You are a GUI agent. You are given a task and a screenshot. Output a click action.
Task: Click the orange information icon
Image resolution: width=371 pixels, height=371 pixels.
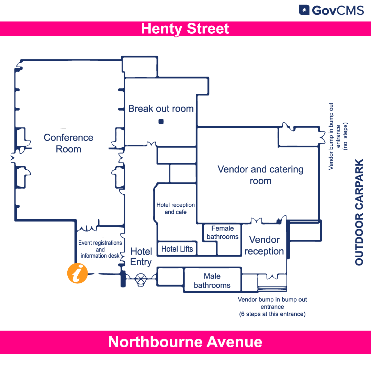pyautogui.click(x=78, y=273)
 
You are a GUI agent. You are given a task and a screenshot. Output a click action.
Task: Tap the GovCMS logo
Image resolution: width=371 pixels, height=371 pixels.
pyautogui.click(x=331, y=10)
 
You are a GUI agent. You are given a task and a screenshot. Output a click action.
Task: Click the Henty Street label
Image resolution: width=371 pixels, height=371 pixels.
pyautogui.click(x=185, y=29)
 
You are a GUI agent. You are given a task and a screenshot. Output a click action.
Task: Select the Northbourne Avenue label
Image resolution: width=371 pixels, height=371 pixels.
pyautogui.click(x=185, y=342)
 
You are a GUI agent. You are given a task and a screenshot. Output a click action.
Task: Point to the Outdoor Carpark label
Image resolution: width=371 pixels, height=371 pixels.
pyautogui.click(x=359, y=212)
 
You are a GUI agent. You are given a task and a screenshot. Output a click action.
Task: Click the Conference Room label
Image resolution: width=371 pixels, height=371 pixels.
pyautogui.click(x=69, y=143)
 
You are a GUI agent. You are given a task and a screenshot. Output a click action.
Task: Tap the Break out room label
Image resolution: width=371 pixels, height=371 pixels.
pyautogui.click(x=161, y=109)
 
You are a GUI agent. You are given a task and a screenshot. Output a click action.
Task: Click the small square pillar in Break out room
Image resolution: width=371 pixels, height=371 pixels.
pyautogui.click(x=161, y=121)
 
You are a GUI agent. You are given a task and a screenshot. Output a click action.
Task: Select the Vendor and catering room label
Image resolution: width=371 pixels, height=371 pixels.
pyautogui.click(x=260, y=175)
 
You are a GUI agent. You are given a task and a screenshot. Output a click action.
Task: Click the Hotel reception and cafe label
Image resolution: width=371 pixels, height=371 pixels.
pyautogui.click(x=176, y=209)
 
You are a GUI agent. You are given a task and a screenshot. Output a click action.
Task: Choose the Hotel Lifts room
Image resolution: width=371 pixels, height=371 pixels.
pyautogui.click(x=177, y=249)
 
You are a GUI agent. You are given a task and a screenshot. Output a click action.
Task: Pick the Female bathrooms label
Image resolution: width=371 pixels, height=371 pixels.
pyautogui.click(x=223, y=233)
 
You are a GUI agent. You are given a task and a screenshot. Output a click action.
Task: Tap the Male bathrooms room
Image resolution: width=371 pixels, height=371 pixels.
pyautogui.click(x=212, y=281)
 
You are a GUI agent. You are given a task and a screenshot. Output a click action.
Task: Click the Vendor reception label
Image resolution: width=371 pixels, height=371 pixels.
pyautogui.click(x=264, y=245)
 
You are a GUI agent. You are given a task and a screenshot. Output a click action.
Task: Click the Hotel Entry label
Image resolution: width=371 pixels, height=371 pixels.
pyautogui.click(x=141, y=257)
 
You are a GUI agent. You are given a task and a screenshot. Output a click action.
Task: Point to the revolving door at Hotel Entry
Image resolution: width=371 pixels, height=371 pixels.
pyautogui.click(x=141, y=279)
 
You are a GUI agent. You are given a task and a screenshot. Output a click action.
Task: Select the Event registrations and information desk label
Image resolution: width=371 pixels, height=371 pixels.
pyautogui.click(x=100, y=249)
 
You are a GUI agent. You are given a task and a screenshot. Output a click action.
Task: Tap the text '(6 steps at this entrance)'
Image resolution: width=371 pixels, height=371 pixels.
pyautogui.click(x=272, y=314)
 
